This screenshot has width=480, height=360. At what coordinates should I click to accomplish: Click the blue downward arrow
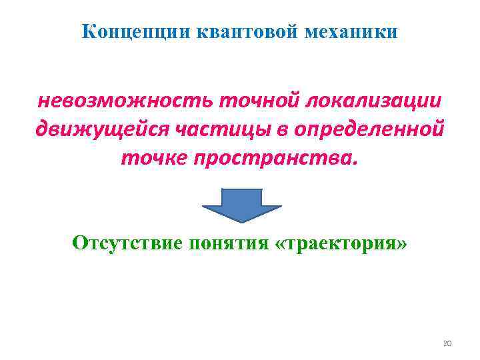click(241, 203)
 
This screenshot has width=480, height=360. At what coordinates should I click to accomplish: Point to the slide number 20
click(447, 343)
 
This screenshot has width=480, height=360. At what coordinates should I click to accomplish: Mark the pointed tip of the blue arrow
click(241, 221)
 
